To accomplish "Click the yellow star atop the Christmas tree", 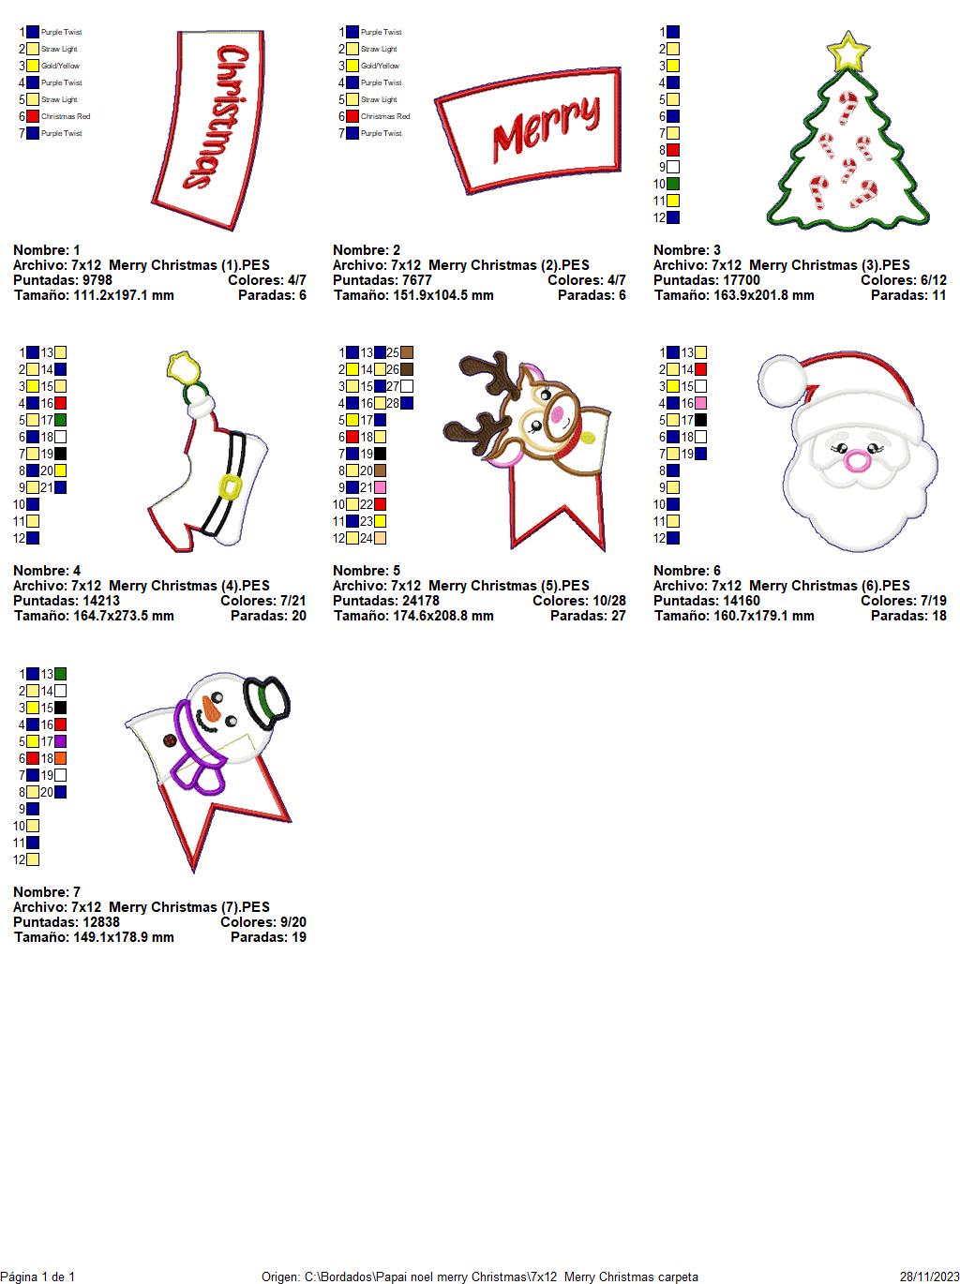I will [x=847, y=52].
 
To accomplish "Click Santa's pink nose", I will [x=857, y=460].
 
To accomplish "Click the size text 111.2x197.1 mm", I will [x=123, y=295].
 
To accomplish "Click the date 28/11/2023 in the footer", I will [x=929, y=1277].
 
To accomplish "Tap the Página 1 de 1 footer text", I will [x=37, y=1277].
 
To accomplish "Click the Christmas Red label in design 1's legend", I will [x=66, y=116].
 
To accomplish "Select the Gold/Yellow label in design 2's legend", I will [x=380, y=66].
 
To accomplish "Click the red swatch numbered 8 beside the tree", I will [x=673, y=150].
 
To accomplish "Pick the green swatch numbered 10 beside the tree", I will [x=673, y=184].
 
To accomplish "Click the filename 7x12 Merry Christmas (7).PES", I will [x=170, y=907].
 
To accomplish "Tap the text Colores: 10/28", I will [x=578, y=601].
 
